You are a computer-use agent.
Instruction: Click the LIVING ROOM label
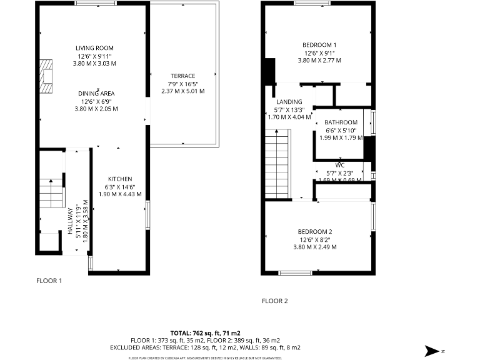pos(94,48)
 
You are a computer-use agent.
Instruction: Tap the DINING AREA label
pos(96,93)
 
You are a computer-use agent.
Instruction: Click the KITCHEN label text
pos(119,179)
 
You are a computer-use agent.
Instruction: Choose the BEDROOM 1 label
pos(319,45)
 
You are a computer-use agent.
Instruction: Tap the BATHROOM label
pos(341,122)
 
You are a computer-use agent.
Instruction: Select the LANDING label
pos(289,102)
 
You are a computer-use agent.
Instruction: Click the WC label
pos(340,166)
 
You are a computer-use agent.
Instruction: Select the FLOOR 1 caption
pos(49,281)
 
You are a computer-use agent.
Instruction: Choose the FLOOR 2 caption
pos(274,301)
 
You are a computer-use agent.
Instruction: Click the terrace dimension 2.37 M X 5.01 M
pos(182,91)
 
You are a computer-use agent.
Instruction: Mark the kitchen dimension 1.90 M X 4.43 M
pos(119,194)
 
